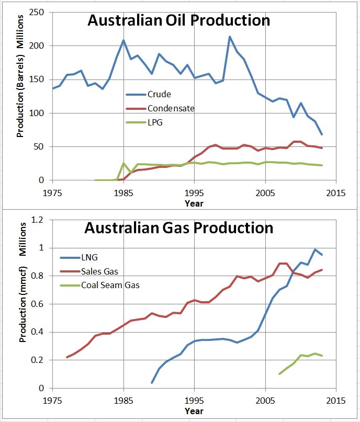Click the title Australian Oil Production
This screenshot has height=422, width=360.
[178, 21]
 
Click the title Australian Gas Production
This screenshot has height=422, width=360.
[178, 228]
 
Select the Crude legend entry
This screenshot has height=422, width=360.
[159, 95]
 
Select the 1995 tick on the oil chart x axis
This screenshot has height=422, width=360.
[194, 192]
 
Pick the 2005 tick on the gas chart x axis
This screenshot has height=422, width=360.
[265, 400]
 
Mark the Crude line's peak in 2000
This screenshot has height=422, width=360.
[230, 37]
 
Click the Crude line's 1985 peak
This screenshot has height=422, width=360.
[123, 40]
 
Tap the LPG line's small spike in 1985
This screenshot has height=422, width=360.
[123, 164]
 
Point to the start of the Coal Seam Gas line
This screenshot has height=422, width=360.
[279, 374]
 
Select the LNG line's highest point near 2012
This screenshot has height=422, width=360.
[315, 249]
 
